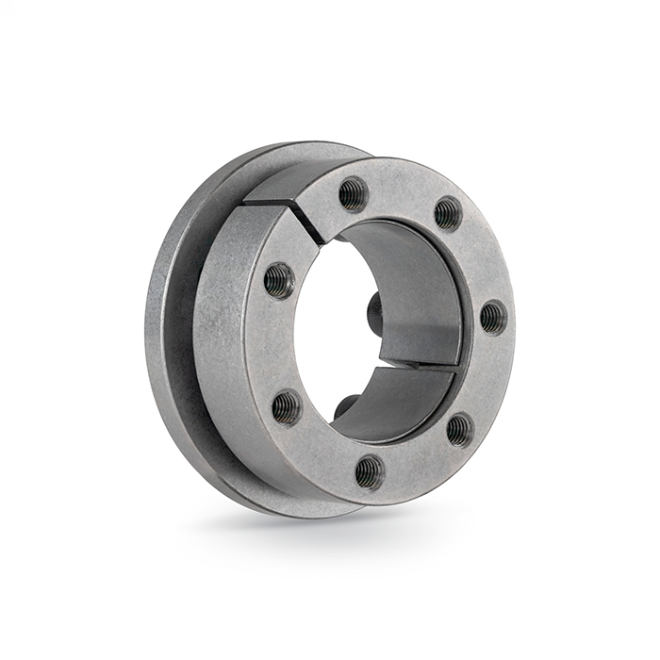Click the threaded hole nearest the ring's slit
354,194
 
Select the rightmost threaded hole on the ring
493,316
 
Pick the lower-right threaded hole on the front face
459,429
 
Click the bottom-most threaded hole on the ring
369,470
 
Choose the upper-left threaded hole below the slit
279,280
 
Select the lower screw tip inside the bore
345,405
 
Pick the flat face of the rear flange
174,330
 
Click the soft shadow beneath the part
311,528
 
